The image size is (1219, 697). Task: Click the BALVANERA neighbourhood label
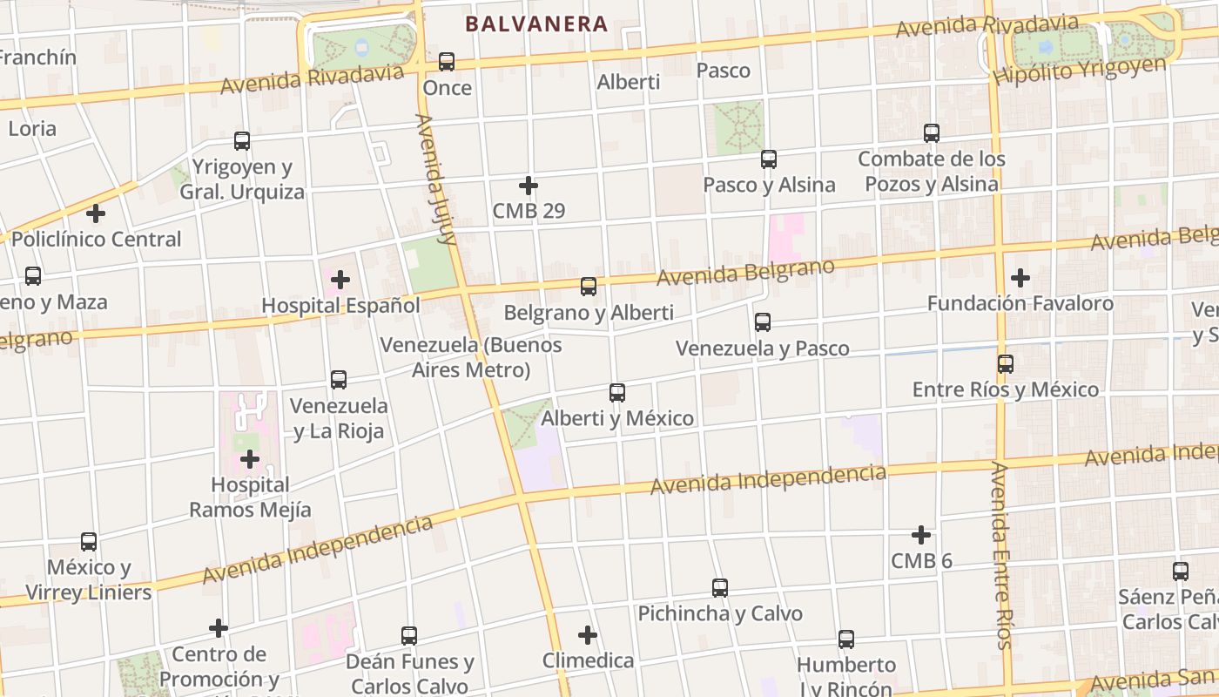click(535, 24)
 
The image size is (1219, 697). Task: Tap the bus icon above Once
click(447, 61)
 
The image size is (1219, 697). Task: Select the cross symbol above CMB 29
click(529, 186)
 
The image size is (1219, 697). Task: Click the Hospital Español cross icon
click(341, 280)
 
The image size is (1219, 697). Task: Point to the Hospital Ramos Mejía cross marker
click(250, 458)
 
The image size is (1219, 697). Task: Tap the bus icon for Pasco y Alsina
click(768, 159)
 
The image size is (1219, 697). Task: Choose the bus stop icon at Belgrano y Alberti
click(589, 286)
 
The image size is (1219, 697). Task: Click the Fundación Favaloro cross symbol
click(1020, 278)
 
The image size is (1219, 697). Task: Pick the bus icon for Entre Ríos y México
click(1006, 363)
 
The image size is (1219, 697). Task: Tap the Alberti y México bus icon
click(617, 392)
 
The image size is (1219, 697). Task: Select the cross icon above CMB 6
click(921, 534)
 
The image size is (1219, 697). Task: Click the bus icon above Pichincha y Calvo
click(720, 587)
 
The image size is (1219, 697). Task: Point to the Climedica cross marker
click(588, 634)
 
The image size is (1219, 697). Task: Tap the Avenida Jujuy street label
click(436, 179)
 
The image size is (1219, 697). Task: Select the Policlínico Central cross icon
click(96, 213)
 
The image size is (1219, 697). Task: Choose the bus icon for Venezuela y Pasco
click(763, 321)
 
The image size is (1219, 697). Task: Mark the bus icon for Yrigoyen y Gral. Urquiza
click(242, 140)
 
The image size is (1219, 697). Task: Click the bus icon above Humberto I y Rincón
click(846, 639)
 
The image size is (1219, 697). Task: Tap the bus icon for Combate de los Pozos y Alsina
click(932, 133)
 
